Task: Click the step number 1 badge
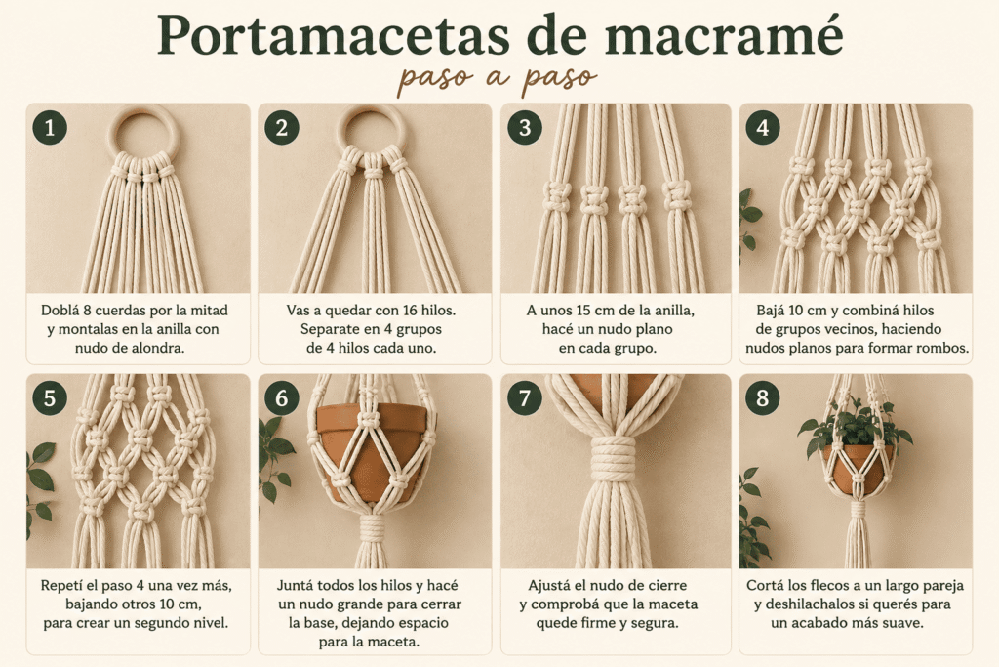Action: (50, 128)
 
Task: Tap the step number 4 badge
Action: (763, 128)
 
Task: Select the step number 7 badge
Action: (524, 397)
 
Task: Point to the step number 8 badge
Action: (763, 397)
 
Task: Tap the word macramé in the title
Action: (724, 36)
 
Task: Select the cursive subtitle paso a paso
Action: (497, 79)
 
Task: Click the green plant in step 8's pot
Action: (855, 425)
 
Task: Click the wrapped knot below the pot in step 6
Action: (373, 528)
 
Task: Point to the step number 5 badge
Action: (50, 397)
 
